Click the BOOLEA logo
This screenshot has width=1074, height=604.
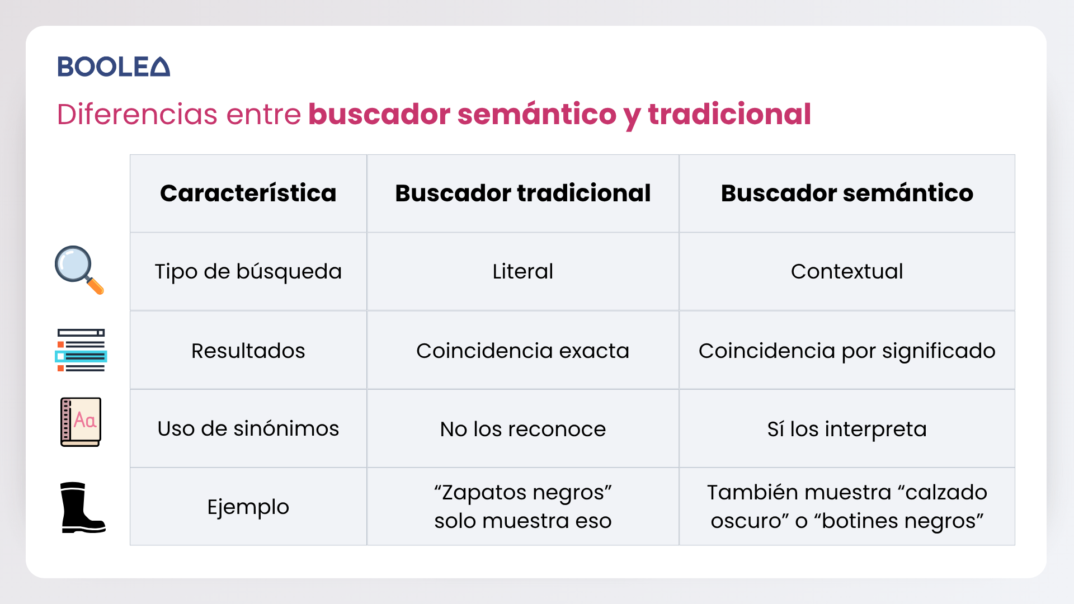click(114, 67)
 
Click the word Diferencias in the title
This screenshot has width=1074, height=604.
click(138, 114)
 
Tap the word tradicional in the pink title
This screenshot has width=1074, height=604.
click(729, 114)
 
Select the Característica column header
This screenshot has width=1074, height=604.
click(248, 193)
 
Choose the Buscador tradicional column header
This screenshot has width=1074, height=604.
click(523, 193)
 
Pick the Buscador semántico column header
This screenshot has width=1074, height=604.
click(847, 193)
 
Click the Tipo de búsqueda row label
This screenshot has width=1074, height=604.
click(248, 272)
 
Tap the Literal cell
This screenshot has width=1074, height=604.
click(523, 271)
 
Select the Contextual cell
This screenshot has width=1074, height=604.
click(847, 271)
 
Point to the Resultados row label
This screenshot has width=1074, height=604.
click(248, 351)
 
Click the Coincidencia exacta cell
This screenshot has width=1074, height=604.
click(523, 351)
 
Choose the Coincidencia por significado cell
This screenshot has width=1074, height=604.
click(847, 351)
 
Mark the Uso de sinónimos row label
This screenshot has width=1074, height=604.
click(248, 428)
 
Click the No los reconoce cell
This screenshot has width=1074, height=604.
click(523, 429)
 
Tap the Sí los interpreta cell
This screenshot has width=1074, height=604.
click(847, 430)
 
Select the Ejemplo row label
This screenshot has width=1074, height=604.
click(248, 507)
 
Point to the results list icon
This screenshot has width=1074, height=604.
click(81, 350)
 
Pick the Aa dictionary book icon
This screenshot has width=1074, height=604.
click(81, 422)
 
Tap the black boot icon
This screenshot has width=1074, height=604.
click(82, 507)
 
